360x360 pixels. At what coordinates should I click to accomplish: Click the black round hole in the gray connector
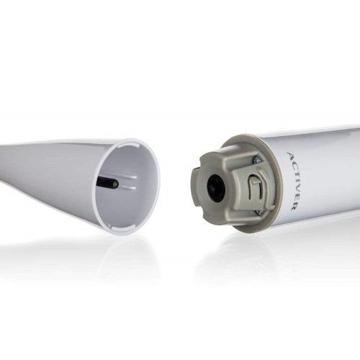215,186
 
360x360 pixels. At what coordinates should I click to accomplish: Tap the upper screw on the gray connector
256,159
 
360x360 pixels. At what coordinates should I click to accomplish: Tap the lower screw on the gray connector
258,212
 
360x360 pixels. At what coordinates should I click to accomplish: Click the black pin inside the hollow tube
107,184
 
